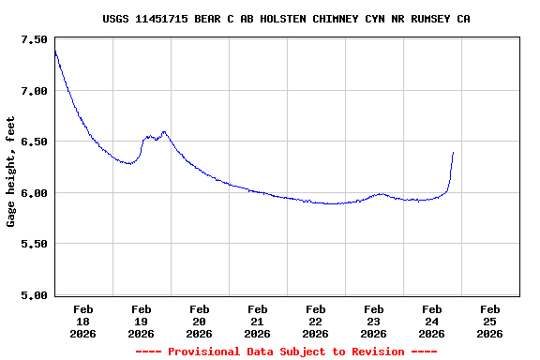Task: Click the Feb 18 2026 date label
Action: (83, 321)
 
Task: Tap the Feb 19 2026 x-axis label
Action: (142, 321)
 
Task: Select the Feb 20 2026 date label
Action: (200, 321)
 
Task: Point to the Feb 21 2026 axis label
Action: (258, 321)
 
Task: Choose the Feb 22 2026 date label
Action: (316, 321)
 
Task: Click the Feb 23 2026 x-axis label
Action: (374, 321)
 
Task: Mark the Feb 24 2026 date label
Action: (432, 321)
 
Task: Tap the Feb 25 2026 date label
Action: (489, 321)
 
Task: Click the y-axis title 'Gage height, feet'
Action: (11, 172)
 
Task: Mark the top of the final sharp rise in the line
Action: (453, 152)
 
